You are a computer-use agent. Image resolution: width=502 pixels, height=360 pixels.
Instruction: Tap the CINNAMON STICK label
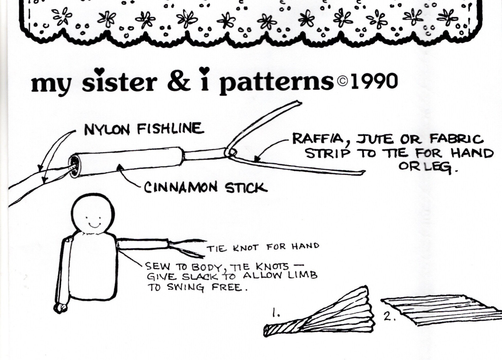tap(206, 188)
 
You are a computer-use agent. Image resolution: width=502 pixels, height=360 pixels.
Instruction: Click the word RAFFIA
tap(319, 139)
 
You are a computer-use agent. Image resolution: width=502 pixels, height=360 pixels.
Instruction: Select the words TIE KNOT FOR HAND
tap(262, 247)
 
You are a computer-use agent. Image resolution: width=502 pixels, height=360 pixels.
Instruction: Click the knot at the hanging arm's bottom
tap(60, 308)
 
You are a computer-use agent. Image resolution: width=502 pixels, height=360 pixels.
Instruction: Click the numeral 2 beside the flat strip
tap(388, 317)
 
